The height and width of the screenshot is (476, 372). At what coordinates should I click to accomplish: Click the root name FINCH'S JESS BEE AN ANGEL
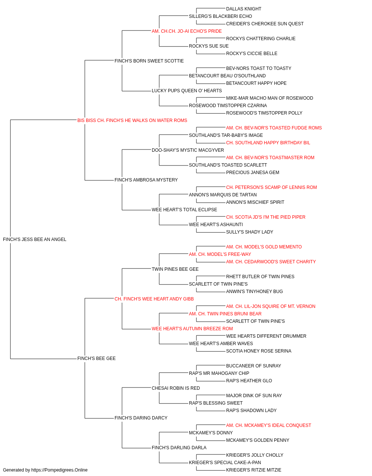[x=35, y=239]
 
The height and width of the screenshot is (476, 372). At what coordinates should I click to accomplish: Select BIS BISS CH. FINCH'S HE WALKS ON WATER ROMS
[x=132, y=120]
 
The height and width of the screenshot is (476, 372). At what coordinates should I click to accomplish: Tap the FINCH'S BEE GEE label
[x=96, y=358]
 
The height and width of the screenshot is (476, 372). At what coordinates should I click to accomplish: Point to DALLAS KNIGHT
[x=244, y=9]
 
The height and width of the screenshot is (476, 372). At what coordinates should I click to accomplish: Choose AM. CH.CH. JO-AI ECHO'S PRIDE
[x=187, y=31]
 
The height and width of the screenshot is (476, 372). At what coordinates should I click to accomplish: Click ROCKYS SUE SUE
[x=209, y=46]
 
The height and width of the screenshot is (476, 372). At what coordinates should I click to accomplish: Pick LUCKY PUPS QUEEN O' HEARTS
[x=187, y=91]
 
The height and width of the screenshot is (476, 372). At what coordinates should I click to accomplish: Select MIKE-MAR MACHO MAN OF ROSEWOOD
[x=269, y=98]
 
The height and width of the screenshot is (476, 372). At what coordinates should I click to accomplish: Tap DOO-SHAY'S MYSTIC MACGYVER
[x=188, y=150]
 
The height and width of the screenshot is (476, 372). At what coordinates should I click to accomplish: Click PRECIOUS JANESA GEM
[x=253, y=173]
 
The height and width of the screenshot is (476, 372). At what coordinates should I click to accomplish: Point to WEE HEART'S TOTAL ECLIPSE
[x=184, y=210]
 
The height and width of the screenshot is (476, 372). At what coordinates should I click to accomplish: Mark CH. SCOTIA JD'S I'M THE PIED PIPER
[x=266, y=217]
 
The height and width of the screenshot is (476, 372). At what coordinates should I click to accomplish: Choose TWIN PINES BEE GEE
[x=175, y=269]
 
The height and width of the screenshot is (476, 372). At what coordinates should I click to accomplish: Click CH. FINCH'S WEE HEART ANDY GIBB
[x=154, y=299]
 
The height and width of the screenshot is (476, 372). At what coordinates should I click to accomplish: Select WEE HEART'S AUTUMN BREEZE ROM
[x=192, y=329]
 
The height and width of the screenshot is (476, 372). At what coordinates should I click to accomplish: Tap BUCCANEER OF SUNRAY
[x=253, y=366]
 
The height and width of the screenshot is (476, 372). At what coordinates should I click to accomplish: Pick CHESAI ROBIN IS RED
[x=176, y=388]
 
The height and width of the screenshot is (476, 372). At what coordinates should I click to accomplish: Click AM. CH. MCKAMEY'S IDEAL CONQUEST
[x=268, y=425]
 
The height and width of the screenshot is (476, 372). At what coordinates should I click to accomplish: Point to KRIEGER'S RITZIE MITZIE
[x=253, y=470]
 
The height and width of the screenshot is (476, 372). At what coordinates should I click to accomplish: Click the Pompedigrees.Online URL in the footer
[x=59, y=470]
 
